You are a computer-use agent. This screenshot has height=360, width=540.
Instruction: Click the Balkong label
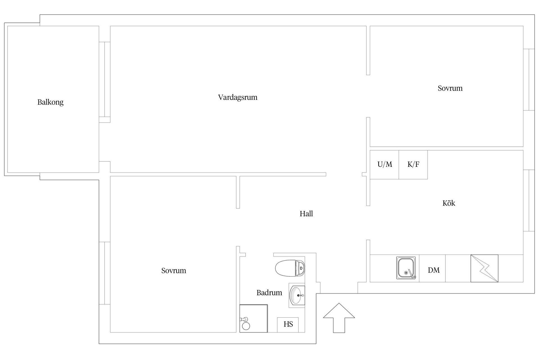(51, 102)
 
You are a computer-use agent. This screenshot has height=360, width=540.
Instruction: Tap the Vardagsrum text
(238, 98)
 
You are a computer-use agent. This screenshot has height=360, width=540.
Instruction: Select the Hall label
(306, 214)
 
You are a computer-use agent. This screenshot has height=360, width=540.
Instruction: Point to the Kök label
(449, 203)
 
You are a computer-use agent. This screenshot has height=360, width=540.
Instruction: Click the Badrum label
(269, 293)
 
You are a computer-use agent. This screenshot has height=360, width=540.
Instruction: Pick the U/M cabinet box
(384, 165)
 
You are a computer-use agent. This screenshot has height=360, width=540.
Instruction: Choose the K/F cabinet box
(413, 165)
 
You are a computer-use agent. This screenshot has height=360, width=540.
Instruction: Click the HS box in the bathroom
(288, 325)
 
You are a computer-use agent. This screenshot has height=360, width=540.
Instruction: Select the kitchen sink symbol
(406, 268)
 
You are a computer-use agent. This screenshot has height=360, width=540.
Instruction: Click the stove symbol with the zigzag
(484, 268)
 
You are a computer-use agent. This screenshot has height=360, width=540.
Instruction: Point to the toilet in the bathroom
(290, 268)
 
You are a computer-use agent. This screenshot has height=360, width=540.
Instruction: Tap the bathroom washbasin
(297, 295)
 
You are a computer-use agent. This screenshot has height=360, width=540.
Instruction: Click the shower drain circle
(246, 326)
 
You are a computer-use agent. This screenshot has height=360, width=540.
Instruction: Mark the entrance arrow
(339, 318)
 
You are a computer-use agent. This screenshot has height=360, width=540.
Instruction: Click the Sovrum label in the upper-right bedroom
(450, 88)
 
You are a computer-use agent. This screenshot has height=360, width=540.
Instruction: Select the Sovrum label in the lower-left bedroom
(174, 271)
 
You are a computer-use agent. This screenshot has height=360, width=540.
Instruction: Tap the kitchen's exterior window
(529, 201)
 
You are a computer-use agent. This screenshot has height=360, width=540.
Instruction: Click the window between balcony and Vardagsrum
(104, 79)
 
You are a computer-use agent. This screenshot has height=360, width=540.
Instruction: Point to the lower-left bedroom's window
(104, 273)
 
